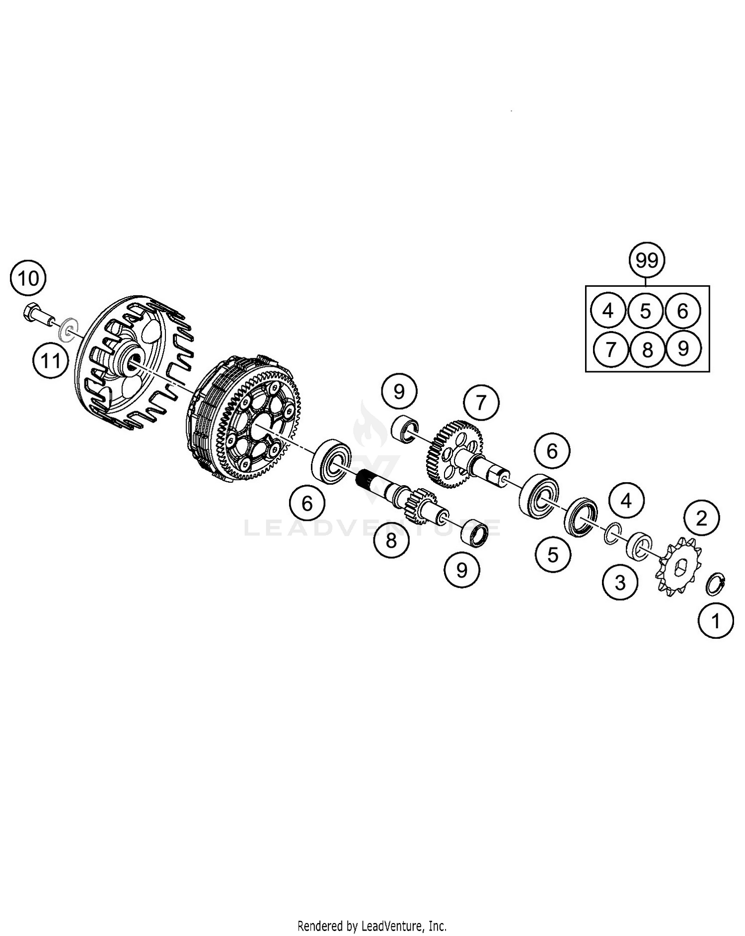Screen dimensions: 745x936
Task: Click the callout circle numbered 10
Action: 28,278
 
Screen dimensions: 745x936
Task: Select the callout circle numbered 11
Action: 50,360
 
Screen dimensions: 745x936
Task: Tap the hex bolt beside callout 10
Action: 39,316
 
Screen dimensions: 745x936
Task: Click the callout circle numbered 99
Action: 647,260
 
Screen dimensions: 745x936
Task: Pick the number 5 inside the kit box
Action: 645,311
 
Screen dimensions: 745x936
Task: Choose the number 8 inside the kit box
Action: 647,349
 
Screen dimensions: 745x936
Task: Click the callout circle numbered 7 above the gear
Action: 480,403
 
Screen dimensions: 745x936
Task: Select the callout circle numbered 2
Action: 701,519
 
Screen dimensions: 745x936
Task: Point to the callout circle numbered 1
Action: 715,620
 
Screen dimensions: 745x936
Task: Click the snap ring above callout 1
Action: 717,584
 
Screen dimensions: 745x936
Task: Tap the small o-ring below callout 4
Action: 612,533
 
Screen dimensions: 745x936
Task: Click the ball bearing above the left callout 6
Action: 332,460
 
